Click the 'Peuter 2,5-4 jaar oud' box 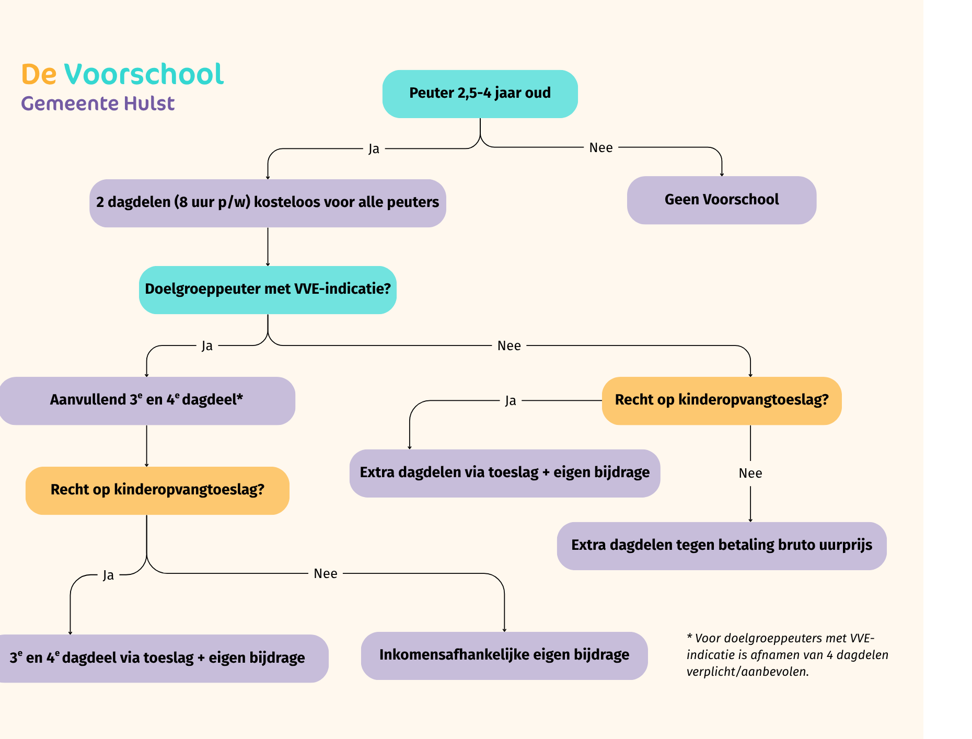click(x=480, y=94)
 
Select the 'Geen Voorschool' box click(x=721, y=200)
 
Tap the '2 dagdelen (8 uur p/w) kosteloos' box click(x=268, y=203)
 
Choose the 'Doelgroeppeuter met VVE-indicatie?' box click(x=268, y=290)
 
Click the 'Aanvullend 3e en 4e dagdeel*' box click(x=147, y=400)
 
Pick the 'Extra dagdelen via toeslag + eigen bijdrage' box click(x=504, y=473)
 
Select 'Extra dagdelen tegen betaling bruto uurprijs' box click(x=721, y=546)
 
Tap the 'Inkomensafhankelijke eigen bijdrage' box click(x=504, y=655)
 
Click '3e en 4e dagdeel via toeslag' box click(x=157, y=658)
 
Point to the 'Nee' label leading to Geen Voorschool click(x=600, y=148)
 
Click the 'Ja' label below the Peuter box click(x=374, y=149)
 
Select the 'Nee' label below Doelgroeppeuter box click(x=509, y=346)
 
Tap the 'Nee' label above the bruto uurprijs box click(x=750, y=474)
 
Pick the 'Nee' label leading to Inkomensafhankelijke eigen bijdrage click(x=325, y=574)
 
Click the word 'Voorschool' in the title click(x=144, y=74)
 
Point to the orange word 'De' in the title click(x=39, y=74)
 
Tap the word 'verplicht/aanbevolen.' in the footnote click(x=747, y=672)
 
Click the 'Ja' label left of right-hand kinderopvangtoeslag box click(x=511, y=401)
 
